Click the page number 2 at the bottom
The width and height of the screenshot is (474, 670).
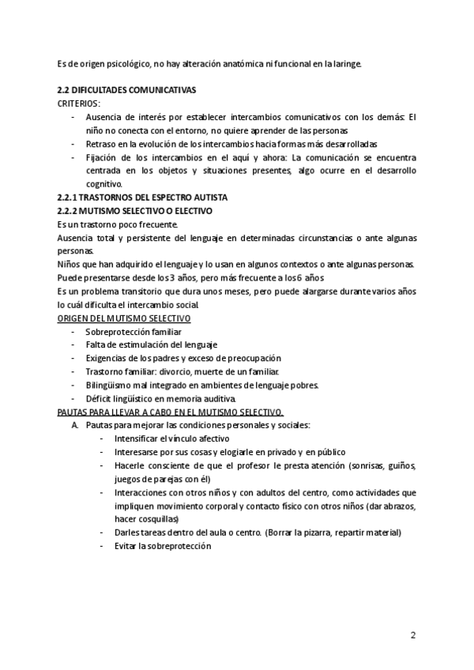[413, 634]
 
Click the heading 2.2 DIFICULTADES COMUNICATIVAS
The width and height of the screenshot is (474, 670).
[127, 90]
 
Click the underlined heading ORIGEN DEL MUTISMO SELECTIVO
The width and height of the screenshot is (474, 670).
[124, 318]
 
